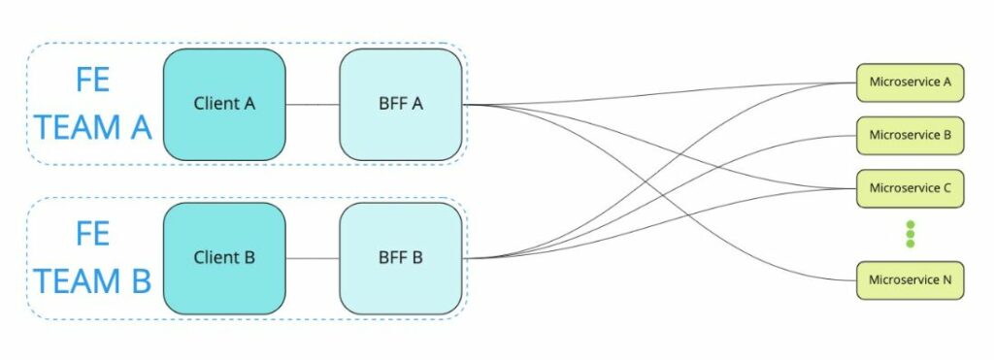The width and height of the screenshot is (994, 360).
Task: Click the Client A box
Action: pyautogui.click(x=224, y=104)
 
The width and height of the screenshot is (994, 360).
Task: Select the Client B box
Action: pyautogui.click(x=224, y=258)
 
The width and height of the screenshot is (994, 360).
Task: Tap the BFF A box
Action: pyautogui.click(x=400, y=104)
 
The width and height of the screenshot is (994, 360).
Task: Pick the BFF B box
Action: pyautogui.click(x=400, y=258)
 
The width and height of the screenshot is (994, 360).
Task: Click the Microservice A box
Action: pyautogui.click(x=910, y=82)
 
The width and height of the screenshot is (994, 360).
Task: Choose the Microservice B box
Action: pyautogui.click(x=910, y=135)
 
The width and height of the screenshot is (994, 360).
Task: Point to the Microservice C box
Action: pyautogui.click(x=910, y=187)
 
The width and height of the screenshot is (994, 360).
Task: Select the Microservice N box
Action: pyautogui.click(x=910, y=279)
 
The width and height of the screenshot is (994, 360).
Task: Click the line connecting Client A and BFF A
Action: pyautogui.click(x=313, y=104)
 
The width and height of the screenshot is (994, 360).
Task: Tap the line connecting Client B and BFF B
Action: pyautogui.click(x=313, y=258)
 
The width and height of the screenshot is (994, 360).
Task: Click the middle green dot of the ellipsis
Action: pyautogui.click(x=911, y=234)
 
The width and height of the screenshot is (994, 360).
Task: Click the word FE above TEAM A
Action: pyautogui.click(x=93, y=81)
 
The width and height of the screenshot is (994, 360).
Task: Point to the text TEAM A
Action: pyautogui.click(x=93, y=127)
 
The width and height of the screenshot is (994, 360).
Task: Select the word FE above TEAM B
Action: pyautogui.click(x=93, y=234)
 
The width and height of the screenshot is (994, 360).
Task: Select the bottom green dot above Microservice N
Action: pyautogui.click(x=911, y=244)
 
